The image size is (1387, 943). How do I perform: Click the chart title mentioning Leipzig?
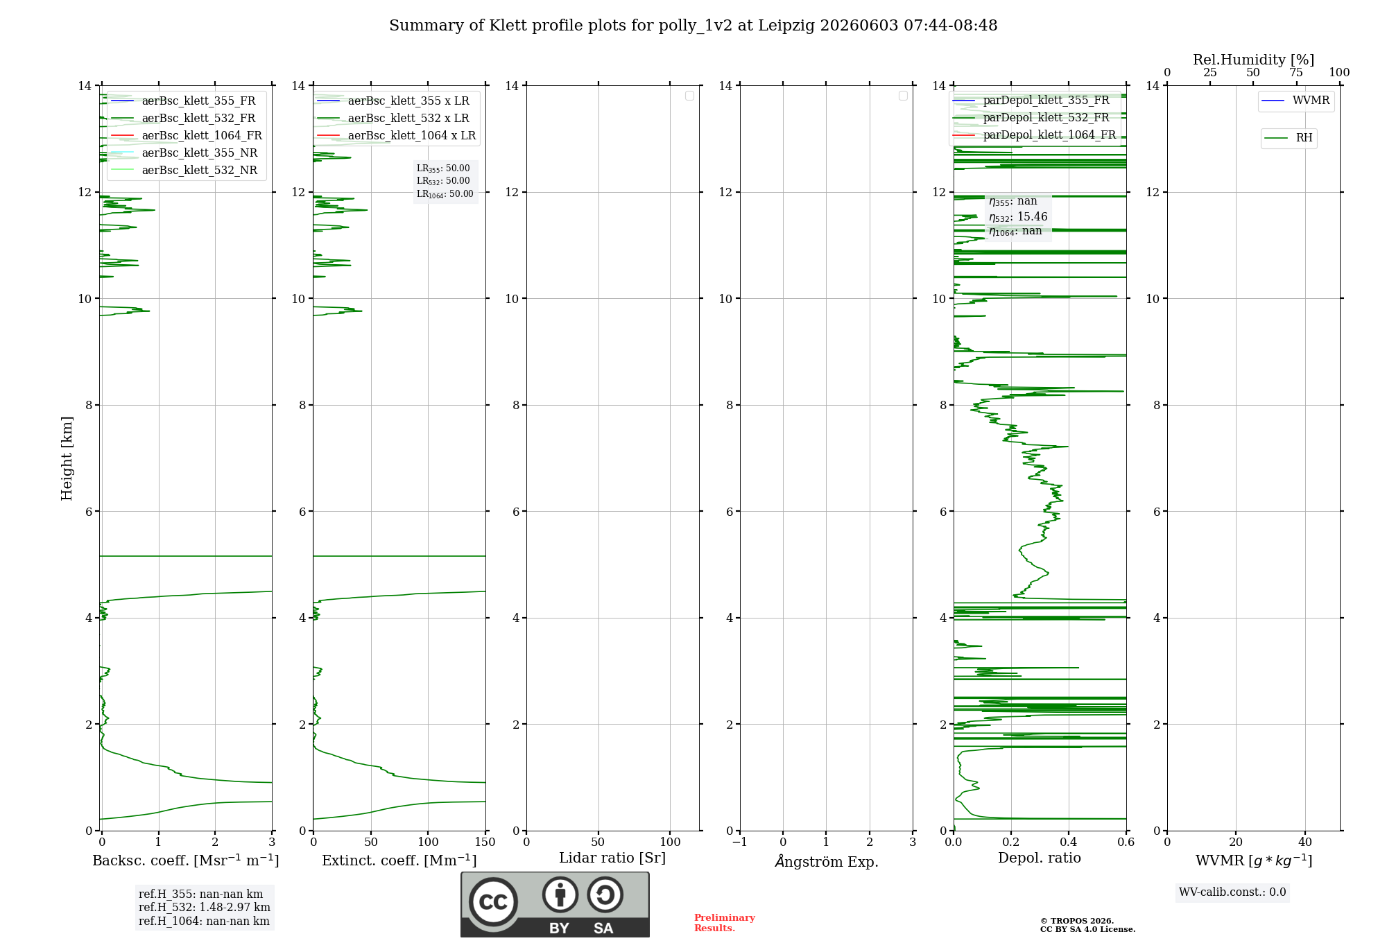coord(693,26)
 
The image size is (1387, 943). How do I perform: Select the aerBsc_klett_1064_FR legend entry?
coord(186,136)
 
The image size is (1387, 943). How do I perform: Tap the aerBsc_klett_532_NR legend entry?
coord(184,171)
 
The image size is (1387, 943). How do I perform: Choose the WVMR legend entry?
coord(1295,101)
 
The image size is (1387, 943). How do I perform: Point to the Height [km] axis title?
coord(67,458)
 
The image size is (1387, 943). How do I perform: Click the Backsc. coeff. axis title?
coord(186,860)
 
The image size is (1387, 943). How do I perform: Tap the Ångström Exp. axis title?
coord(827,861)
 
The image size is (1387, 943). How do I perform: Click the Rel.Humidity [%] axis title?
coord(1253,60)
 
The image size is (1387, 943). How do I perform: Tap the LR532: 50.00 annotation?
coord(443,181)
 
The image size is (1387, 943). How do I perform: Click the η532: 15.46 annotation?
coord(1018,217)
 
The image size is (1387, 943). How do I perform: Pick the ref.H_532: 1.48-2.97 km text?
coord(205,908)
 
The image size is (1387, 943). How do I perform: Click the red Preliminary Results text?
coord(724,923)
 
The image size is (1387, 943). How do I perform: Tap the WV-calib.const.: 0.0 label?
coord(1232,892)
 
